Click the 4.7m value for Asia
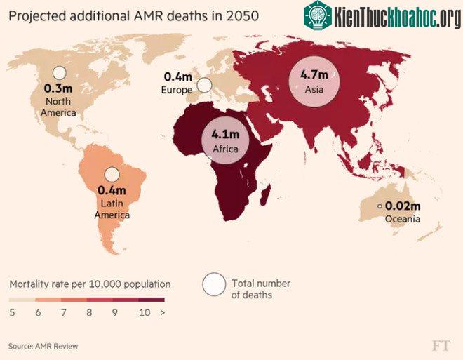314,74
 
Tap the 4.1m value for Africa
225,134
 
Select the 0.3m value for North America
58,88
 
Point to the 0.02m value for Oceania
403,206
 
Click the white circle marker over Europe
204,86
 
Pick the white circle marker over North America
60,73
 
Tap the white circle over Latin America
112,175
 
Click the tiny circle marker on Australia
380,206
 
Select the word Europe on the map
177,90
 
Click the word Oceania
403,219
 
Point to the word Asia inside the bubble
314,89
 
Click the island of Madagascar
265,195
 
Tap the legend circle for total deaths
215,284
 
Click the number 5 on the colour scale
12,312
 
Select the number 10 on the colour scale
145,312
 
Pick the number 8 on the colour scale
89,312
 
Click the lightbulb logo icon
318,15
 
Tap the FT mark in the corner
442,345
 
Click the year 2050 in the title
243,16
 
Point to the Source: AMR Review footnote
43,346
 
